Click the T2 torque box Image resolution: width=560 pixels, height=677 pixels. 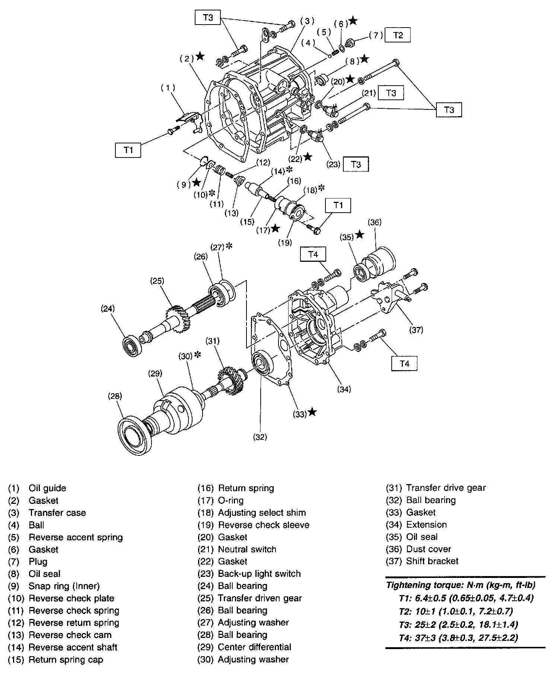coord(398,35)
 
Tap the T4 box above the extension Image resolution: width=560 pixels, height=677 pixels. coord(313,254)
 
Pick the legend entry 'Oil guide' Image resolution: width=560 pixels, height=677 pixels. coord(47,488)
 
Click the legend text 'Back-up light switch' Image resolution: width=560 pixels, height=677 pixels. coord(259,574)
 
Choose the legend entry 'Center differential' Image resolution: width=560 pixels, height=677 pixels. coord(254,647)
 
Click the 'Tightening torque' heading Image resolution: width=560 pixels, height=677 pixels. coord(461,585)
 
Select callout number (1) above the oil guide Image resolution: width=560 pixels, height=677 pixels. coord(168,88)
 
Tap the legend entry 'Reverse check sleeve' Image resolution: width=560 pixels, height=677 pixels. coord(264,525)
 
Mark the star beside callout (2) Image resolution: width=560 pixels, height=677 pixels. coord(200,57)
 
